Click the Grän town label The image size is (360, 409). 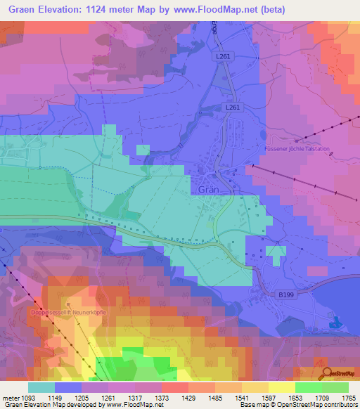click(205, 189)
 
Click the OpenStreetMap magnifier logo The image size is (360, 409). click(326, 372)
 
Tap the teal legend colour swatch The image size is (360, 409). click(41, 387)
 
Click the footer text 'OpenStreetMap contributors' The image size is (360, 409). click(315, 405)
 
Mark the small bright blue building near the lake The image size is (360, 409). click(335, 323)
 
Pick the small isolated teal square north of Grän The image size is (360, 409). click(143, 149)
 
